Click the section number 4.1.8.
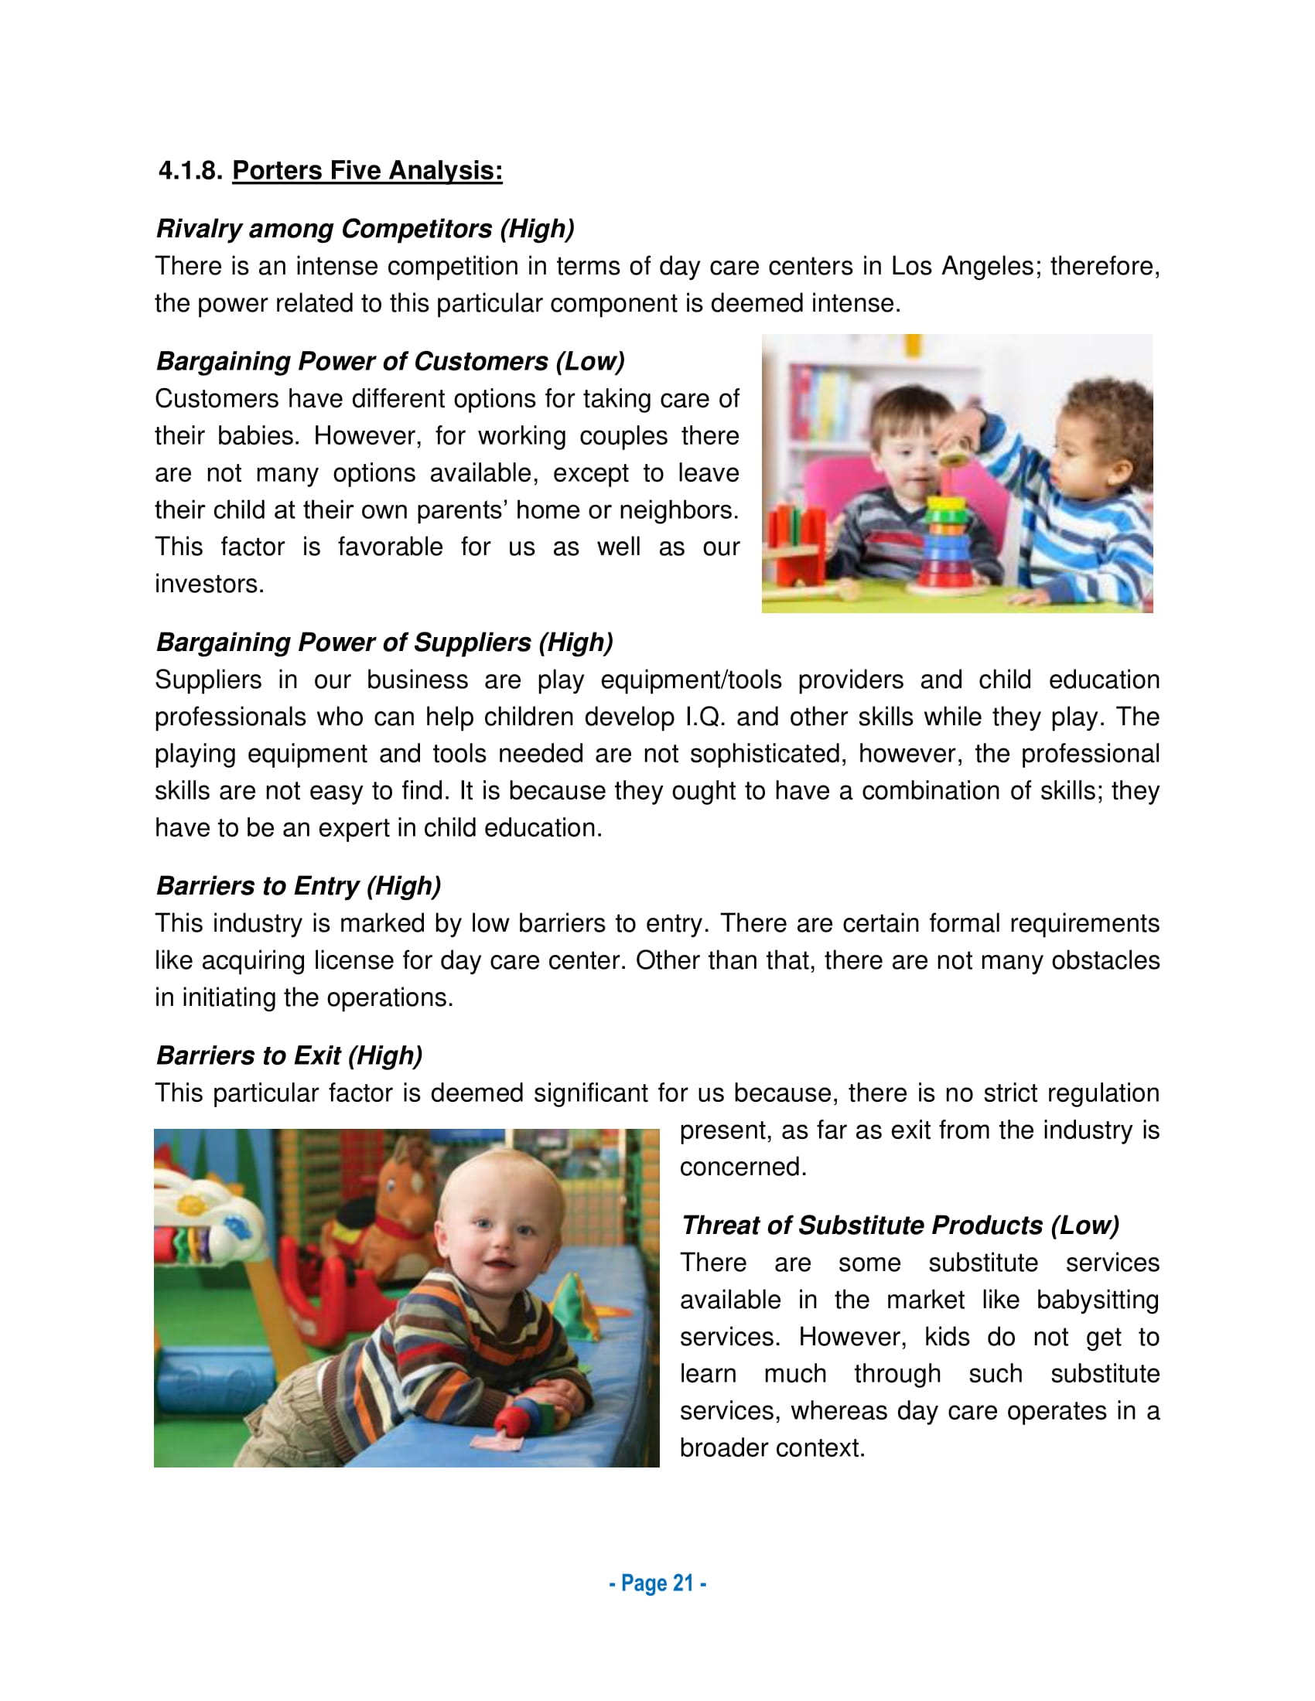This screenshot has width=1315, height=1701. [190, 171]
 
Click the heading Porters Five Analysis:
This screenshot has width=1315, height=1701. [367, 171]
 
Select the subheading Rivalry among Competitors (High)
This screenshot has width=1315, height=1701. [364, 228]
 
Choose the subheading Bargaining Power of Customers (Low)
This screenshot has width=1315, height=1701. [390, 361]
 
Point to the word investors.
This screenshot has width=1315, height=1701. [209, 584]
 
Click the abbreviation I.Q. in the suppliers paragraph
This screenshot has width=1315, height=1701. [705, 718]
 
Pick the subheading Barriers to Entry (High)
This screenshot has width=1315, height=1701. [299, 886]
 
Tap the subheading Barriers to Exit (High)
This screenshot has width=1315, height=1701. [289, 1056]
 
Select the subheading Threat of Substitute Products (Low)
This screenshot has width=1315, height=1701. [900, 1226]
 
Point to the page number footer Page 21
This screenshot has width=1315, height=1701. [657, 1583]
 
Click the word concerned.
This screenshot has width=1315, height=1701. [742, 1168]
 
